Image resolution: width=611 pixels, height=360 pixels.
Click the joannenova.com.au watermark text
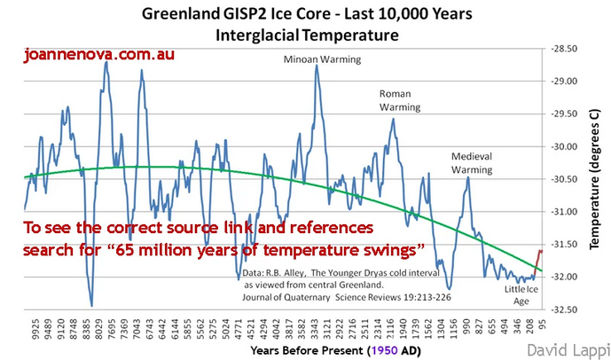tap(98, 55)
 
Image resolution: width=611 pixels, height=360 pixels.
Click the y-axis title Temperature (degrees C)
tap(598, 177)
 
